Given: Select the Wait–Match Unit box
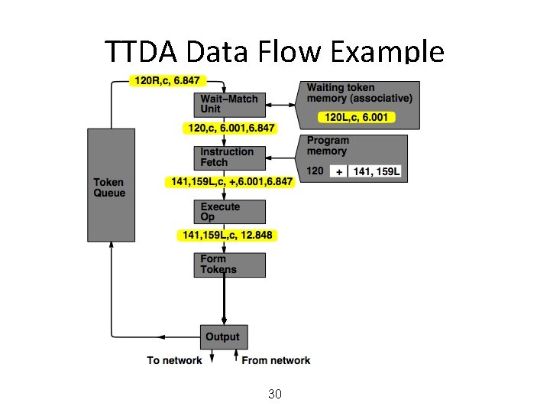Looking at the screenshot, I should [230, 103].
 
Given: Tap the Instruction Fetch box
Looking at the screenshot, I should [230, 157].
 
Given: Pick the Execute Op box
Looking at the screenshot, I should [230, 212].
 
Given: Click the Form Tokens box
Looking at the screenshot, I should [230, 265].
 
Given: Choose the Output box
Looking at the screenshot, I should [222, 337].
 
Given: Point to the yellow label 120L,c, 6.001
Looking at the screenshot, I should [356, 117].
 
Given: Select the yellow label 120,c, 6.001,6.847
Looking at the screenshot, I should [230, 128].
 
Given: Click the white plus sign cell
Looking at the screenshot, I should [338, 171].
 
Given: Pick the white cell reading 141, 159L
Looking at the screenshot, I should [376, 171].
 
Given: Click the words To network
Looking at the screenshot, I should [175, 360].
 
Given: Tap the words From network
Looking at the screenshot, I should [276, 360].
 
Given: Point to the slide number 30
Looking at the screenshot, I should [275, 394].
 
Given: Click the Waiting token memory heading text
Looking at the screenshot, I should [359, 93].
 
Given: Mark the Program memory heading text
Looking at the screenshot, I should [328, 145].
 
